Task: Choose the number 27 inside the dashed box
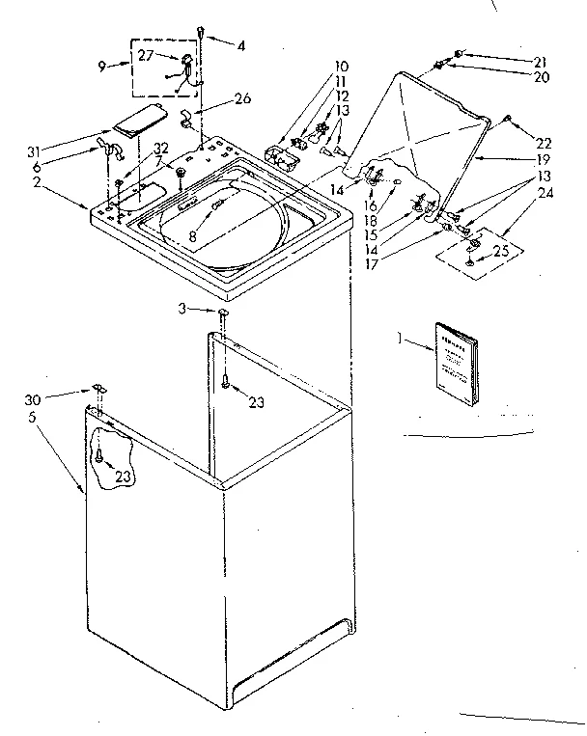(146, 56)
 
